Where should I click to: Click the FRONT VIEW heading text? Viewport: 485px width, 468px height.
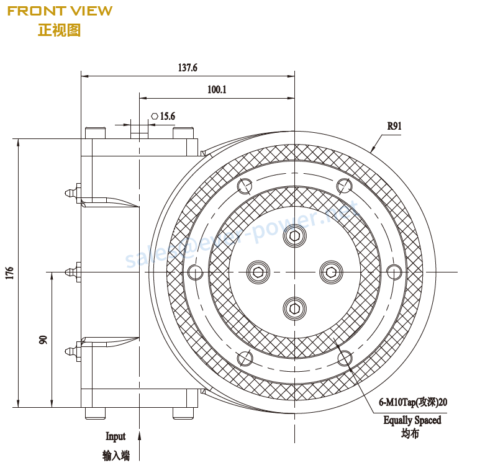click(60, 11)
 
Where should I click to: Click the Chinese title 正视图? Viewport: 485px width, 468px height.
click(59, 30)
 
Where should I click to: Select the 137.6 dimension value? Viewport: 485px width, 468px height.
click(187, 68)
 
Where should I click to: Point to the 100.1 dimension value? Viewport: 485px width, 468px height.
click(217, 89)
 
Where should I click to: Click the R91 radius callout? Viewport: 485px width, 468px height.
click(394, 126)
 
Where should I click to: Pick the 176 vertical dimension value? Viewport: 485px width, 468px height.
click(9, 273)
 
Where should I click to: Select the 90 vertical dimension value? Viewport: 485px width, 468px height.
click(43, 340)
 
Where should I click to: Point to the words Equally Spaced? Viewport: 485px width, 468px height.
click(412, 420)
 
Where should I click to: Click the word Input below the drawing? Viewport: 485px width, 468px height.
click(116, 436)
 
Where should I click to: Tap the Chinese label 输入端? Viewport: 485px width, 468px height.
click(116, 456)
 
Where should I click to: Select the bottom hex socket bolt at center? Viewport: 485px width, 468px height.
click(294, 307)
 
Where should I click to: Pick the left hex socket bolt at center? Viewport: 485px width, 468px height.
click(258, 271)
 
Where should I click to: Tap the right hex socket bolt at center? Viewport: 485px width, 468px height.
click(330, 271)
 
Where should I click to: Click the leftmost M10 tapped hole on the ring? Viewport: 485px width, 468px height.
click(194, 271)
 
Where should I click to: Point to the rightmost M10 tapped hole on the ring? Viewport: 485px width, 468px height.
click(394, 271)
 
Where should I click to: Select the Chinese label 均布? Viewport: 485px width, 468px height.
click(410, 434)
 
